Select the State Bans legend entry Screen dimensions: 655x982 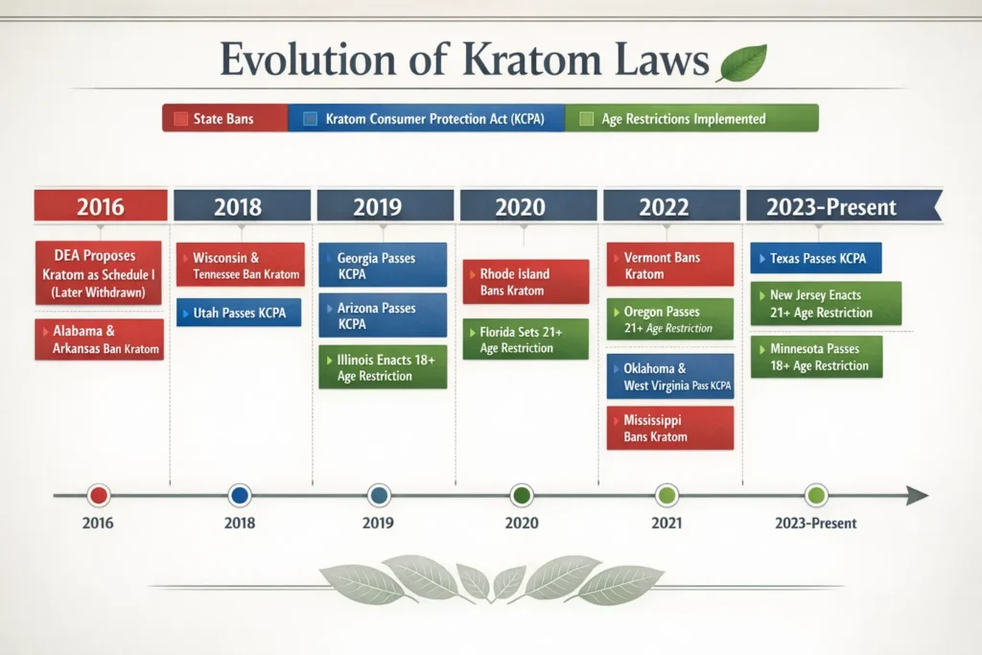coord(224,119)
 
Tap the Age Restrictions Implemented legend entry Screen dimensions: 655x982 coord(690,119)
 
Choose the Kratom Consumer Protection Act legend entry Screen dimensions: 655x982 coord(427,119)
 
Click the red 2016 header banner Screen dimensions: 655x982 coord(100,206)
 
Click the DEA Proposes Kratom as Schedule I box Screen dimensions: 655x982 coord(100,273)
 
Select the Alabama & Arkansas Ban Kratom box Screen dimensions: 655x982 coord(100,339)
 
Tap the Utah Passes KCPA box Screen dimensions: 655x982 coord(239,313)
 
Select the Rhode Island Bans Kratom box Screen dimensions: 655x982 coord(525,282)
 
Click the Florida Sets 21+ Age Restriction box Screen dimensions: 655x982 coord(525,340)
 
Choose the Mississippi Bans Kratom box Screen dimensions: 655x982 coord(669,429)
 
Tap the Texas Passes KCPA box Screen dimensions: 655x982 coord(816,259)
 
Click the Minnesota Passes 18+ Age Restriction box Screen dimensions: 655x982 coord(816,357)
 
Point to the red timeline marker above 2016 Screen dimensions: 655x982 coord(98,496)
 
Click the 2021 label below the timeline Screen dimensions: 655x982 coord(666,524)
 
